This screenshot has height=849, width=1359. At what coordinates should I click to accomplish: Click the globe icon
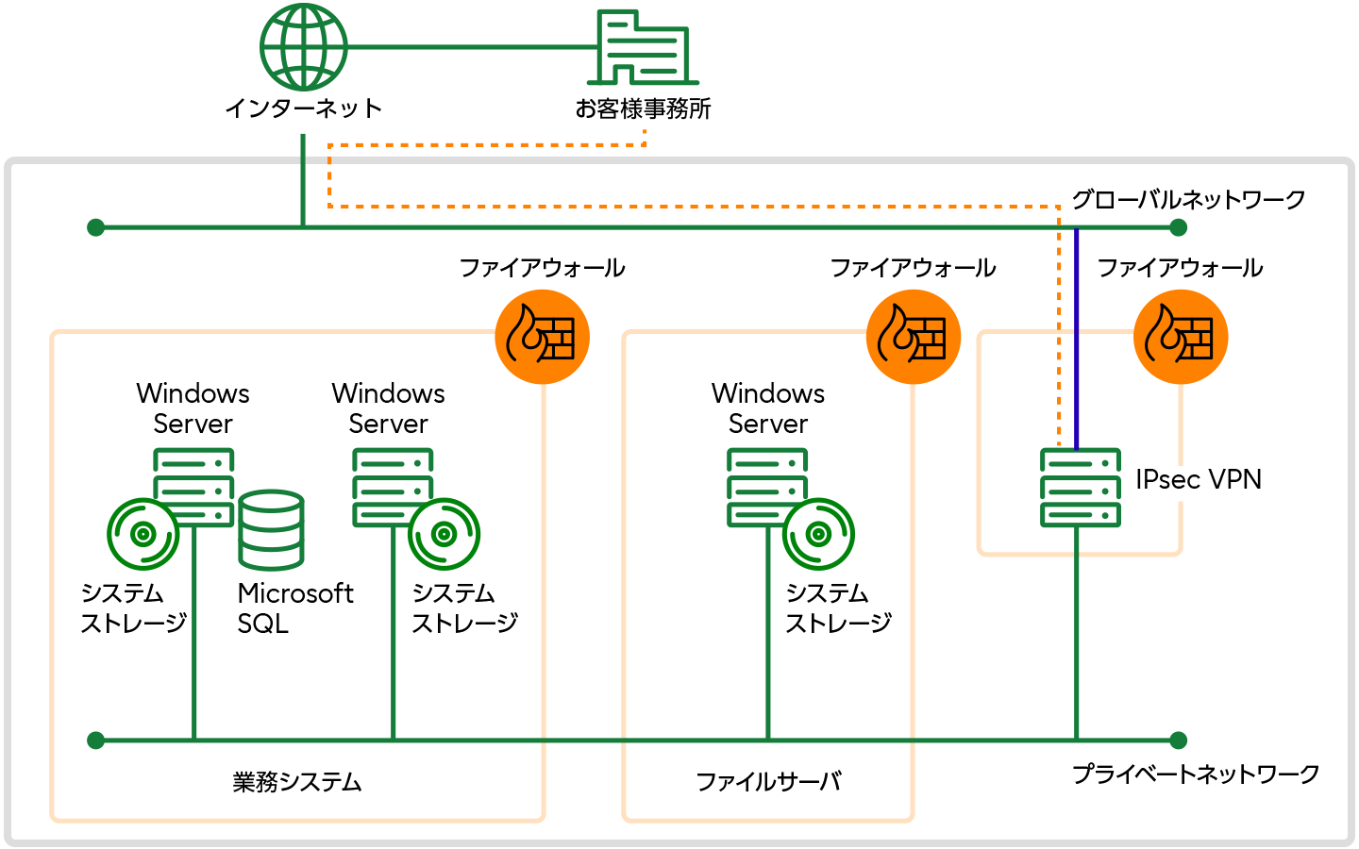(x=304, y=47)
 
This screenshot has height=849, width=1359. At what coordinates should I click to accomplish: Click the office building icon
(x=644, y=49)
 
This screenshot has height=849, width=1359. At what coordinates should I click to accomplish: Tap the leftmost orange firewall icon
(x=543, y=337)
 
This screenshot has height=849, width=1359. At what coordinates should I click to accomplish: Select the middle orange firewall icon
(x=914, y=337)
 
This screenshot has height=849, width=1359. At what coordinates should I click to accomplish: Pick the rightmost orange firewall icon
(x=1181, y=337)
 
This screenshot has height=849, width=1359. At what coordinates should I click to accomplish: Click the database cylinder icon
(x=271, y=530)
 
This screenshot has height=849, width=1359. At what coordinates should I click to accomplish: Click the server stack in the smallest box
(x=1081, y=487)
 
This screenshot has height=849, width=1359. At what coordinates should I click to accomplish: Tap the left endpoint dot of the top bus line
(x=95, y=227)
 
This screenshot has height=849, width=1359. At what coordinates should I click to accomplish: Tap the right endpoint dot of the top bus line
(x=1178, y=227)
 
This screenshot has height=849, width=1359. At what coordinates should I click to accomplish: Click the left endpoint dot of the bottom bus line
(x=95, y=741)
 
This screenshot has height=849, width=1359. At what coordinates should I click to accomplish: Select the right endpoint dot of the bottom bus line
(x=1178, y=741)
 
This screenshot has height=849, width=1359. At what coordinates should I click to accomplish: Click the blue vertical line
(x=1077, y=340)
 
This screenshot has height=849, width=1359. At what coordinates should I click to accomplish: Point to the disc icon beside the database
(x=143, y=534)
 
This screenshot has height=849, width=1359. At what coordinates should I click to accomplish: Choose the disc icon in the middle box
(x=818, y=534)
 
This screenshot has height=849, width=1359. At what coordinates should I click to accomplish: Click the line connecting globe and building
(x=472, y=46)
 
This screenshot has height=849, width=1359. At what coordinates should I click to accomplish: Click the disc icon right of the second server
(x=444, y=534)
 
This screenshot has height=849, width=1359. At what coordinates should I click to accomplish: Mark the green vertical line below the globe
(x=303, y=179)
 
